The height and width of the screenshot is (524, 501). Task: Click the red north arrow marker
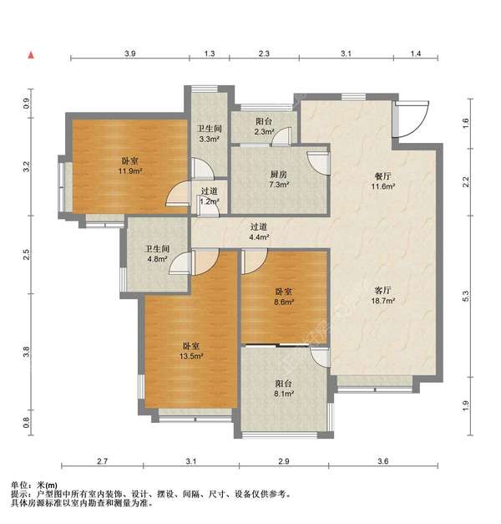click(31, 55)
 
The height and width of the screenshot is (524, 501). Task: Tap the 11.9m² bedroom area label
click(130, 166)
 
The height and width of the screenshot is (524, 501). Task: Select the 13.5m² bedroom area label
click(191, 351)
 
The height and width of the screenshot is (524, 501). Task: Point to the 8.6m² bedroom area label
click(284, 297)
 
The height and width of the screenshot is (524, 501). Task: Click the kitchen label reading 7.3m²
click(279, 179)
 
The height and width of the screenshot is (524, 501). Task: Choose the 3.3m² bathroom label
click(210, 134)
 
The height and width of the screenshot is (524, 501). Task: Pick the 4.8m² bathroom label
click(157, 254)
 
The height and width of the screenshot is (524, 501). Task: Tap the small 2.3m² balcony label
click(264, 126)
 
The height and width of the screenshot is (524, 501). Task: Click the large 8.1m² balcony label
click(284, 389)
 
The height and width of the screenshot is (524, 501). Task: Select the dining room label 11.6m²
click(383, 181)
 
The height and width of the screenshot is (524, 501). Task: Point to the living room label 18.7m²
click(383, 295)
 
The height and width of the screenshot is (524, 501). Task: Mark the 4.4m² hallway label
click(260, 232)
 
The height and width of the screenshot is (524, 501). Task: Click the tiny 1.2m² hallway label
click(210, 196)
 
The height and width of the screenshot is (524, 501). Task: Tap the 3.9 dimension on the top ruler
click(130, 53)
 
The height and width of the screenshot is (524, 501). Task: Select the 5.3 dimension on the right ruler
click(466, 296)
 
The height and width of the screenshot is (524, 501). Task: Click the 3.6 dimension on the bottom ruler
click(383, 461)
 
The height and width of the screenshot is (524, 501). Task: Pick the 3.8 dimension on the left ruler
click(27, 352)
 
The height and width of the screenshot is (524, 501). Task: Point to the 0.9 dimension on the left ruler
click(27, 104)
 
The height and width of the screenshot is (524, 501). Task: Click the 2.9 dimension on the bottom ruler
click(284, 461)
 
